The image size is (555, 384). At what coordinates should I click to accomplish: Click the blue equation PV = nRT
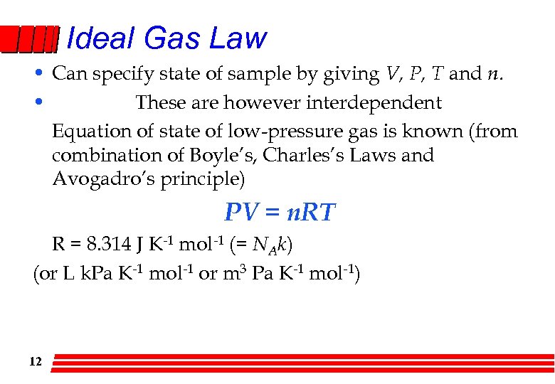(280, 212)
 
